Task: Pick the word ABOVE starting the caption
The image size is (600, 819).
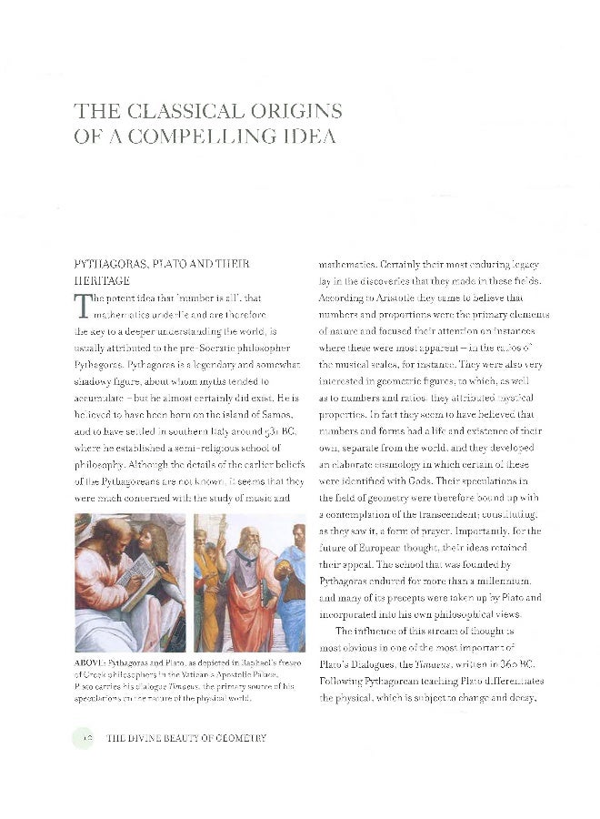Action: pos(90,662)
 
